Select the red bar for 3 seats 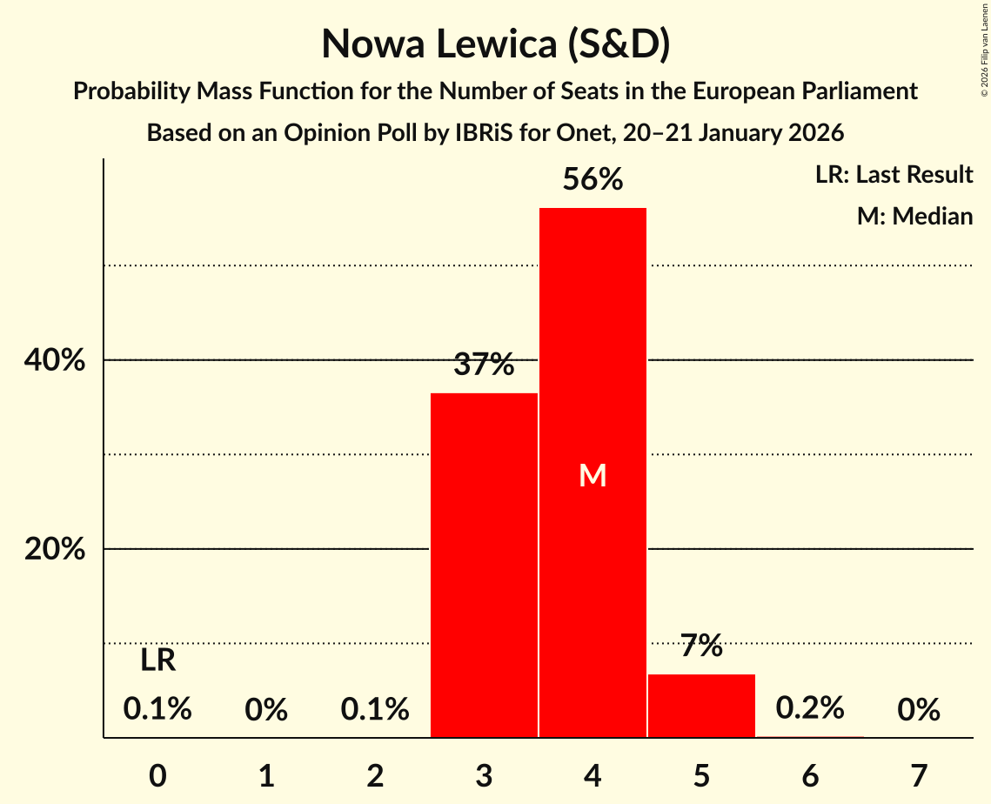point(484,566)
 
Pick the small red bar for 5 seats point(701,706)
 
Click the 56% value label point(593,180)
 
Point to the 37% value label point(484,365)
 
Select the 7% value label point(701,646)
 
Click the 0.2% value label point(810,708)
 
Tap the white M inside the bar point(593,475)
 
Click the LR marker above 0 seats point(157,661)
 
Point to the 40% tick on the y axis point(55,360)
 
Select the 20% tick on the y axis point(55,550)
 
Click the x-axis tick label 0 point(157,774)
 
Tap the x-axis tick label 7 point(919,774)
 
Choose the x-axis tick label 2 point(375,774)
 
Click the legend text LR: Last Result point(894,175)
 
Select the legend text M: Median point(914,216)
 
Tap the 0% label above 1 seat point(266,711)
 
